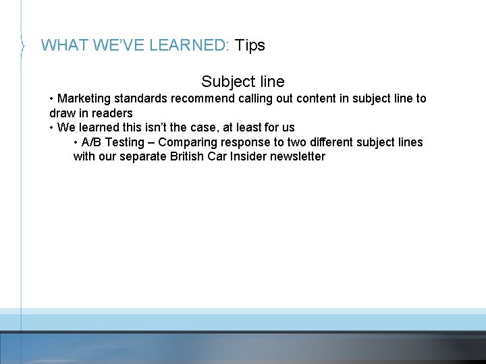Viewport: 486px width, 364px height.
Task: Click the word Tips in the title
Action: click(x=250, y=45)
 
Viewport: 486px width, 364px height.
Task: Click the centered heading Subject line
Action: click(x=243, y=82)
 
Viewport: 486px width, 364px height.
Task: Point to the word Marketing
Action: click(x=84, y=98)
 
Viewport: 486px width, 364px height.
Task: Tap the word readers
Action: click(x=112, y=113)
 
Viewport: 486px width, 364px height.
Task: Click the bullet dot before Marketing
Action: click(x=52, y=98)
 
